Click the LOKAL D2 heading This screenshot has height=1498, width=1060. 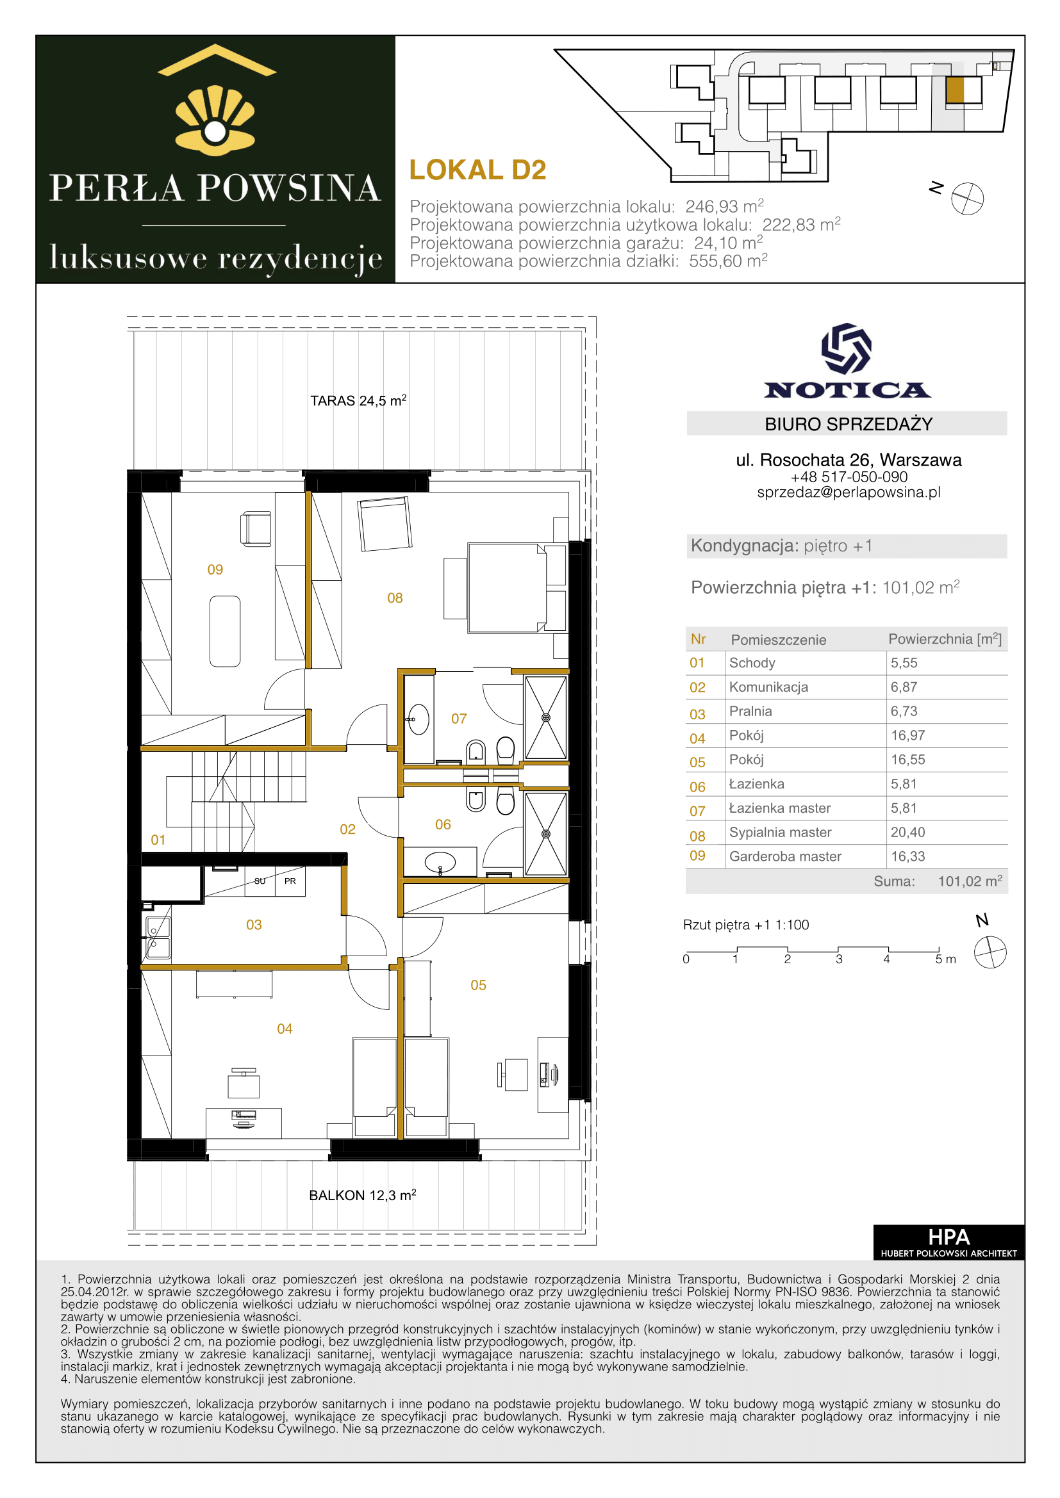point(477,170)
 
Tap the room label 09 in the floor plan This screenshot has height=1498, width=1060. point(215,569)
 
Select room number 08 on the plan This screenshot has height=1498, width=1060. point(395,598)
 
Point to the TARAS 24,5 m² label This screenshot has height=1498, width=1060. point(358,400)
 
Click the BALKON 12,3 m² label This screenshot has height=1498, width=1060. point(362,1194)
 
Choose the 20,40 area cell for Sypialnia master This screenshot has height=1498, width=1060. point(908,832)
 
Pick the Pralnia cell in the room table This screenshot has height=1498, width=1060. point(750,711)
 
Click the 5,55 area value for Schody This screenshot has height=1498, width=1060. point(904,663)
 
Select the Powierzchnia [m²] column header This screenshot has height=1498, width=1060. point(945,639)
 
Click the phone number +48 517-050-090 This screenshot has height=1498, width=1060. point(849,477)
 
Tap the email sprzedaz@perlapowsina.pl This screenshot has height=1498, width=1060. point(849,492)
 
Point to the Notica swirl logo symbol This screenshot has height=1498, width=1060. point(847,348)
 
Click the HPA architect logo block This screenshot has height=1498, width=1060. point(948,1242)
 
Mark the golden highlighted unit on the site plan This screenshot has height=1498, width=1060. point(955,91)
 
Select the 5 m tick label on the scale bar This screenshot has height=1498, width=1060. point(945,959)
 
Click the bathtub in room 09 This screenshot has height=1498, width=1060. point(225,631)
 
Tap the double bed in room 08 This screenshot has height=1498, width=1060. point(507,587)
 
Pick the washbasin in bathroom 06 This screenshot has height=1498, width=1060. point(440,863)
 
